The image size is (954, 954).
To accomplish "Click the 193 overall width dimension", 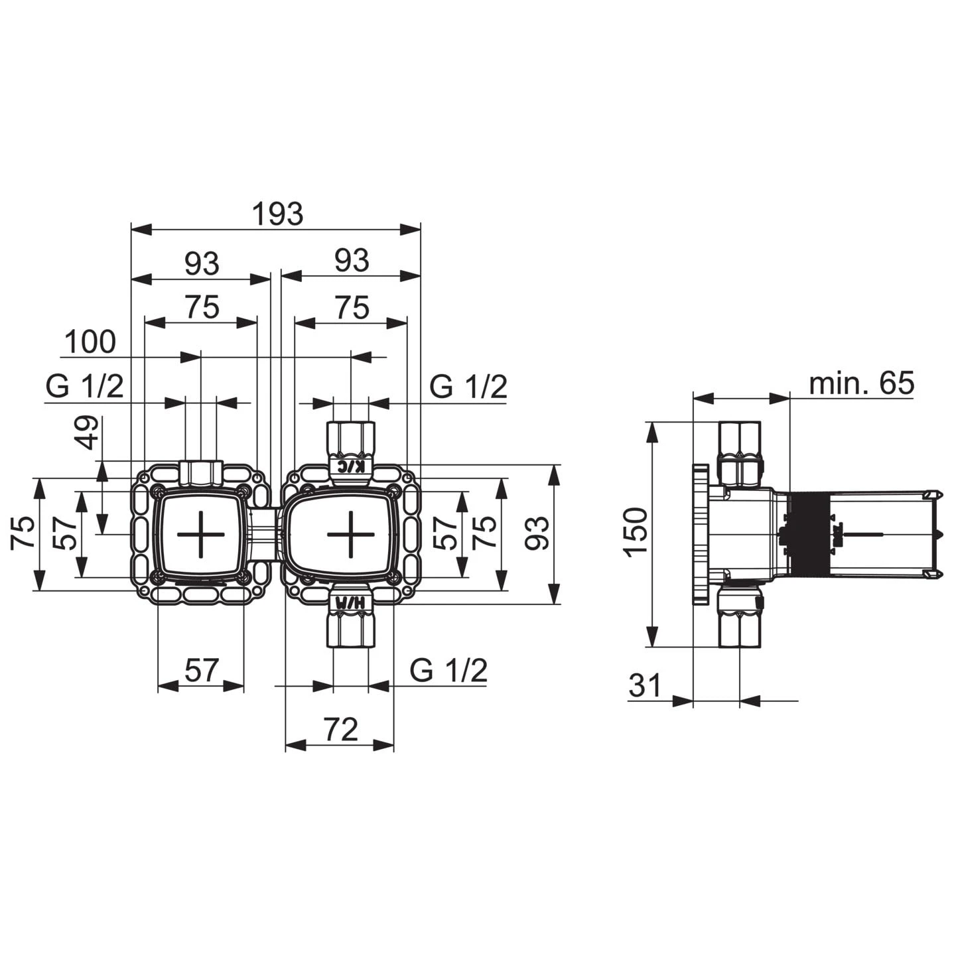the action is [277, 214].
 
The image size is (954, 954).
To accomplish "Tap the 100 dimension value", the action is [90, 342].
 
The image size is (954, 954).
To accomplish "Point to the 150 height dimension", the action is [636, 532].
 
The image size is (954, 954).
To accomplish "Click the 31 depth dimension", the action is [645, 686].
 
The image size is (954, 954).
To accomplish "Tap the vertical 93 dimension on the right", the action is [537, 533].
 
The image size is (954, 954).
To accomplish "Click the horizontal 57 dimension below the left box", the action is [202, 670].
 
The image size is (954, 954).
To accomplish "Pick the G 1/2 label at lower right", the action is [448, 670].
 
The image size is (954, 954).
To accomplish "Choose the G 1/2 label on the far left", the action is [85, 387].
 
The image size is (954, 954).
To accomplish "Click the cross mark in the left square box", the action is [201, 535].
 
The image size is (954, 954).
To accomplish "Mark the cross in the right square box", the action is [350, 535].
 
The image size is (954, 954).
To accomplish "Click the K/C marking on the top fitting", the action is [351, 465].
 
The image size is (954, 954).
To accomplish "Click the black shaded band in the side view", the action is [809, 533].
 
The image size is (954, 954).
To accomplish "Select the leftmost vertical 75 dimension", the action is [23, 533].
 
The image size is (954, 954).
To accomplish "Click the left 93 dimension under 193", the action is [202, 263].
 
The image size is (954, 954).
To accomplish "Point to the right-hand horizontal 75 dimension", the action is [352, 307].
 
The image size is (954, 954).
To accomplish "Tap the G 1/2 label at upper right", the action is [468, 387].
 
